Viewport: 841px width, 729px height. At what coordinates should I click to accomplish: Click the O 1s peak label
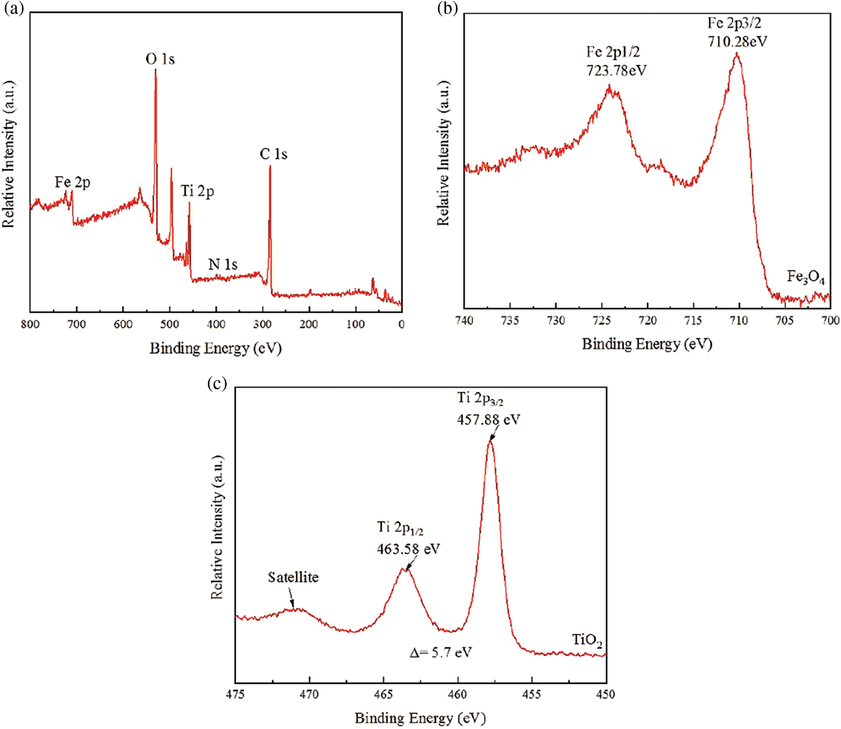[x=160, y=59]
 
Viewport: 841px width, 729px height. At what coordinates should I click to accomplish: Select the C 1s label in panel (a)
[x=273, y=154]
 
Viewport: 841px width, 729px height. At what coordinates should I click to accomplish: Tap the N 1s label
[x=223, y=264]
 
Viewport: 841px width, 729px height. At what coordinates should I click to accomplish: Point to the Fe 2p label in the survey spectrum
[x=72, y=182]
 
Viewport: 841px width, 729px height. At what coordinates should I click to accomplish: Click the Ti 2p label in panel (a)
[x=197, y=191]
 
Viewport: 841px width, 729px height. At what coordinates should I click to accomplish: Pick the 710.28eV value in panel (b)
[x=737, y=42]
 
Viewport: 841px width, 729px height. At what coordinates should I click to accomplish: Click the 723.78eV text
[x=616, y=70]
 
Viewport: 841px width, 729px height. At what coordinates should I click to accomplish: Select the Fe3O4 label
[x=806, y=277]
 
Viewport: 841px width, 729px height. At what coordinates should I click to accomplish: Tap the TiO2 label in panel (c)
[x=587, y=640]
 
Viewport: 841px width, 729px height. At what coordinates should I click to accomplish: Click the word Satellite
[x=293, y=577]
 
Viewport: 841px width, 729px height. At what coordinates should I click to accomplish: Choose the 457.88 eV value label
[x=488, y=419]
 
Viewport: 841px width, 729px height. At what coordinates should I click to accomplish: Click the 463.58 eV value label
[x=408, y=549]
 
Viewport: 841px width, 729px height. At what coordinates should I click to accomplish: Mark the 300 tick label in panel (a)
[x=262, y=324]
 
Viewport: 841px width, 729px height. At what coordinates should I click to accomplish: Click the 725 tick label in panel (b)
[x=602, y=321]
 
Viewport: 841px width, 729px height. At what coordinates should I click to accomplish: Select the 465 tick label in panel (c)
[x=383, y=694]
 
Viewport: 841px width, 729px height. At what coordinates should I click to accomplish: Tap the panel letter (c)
[x=217, y=383]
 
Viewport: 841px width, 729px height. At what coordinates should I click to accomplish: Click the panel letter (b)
[x=447, y=9]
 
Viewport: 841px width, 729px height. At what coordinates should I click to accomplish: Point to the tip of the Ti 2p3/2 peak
[x=490, y=441]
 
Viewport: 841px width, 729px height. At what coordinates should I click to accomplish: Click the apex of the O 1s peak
[x=156, y=70]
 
